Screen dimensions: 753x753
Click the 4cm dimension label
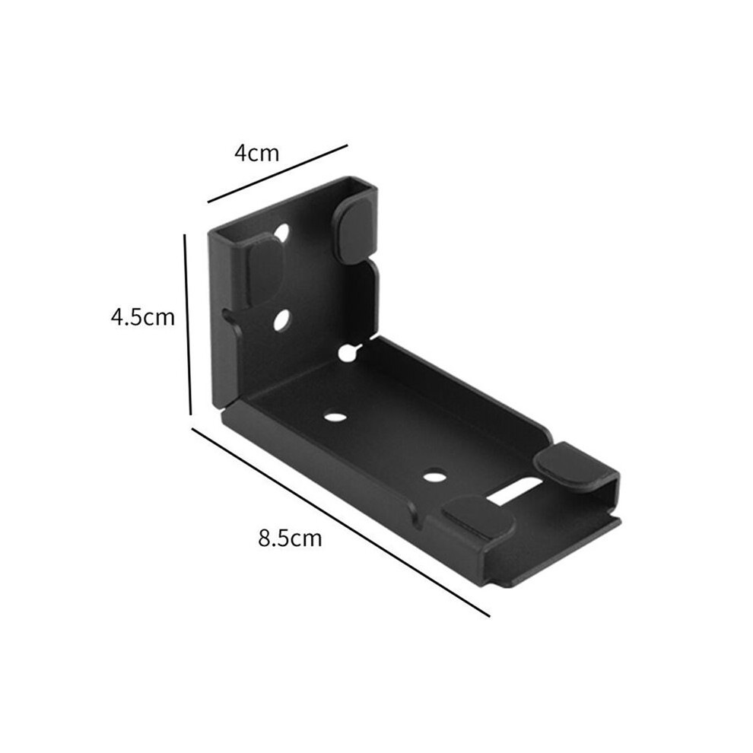[256, 153]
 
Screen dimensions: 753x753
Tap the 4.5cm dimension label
[143, 317]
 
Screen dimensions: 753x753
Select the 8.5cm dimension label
[290, 539]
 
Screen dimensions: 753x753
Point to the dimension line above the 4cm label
[277, 173]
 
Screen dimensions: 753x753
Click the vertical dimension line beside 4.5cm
[187, 324]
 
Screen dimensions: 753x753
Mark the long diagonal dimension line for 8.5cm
[341, 521]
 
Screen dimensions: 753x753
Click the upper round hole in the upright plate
[282, 233]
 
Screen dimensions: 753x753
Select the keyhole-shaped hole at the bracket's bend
[349, 352]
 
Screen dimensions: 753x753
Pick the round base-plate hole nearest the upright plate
[335, 416]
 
